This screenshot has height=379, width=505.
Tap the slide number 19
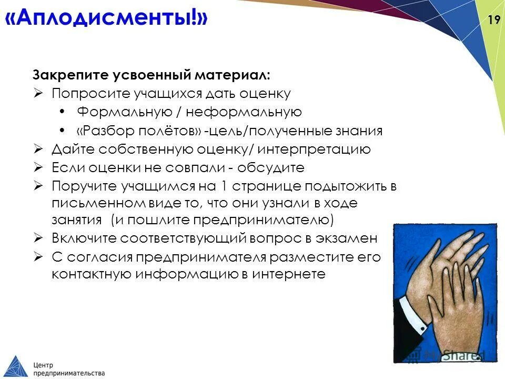coord(493,20)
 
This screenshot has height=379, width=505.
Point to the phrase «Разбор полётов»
coord(139,131)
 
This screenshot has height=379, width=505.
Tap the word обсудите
coord(270,168)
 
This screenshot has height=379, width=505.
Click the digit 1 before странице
coord(224,186)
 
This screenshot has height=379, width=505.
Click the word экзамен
coord(348,238)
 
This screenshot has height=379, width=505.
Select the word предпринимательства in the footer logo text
coord(69,373)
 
